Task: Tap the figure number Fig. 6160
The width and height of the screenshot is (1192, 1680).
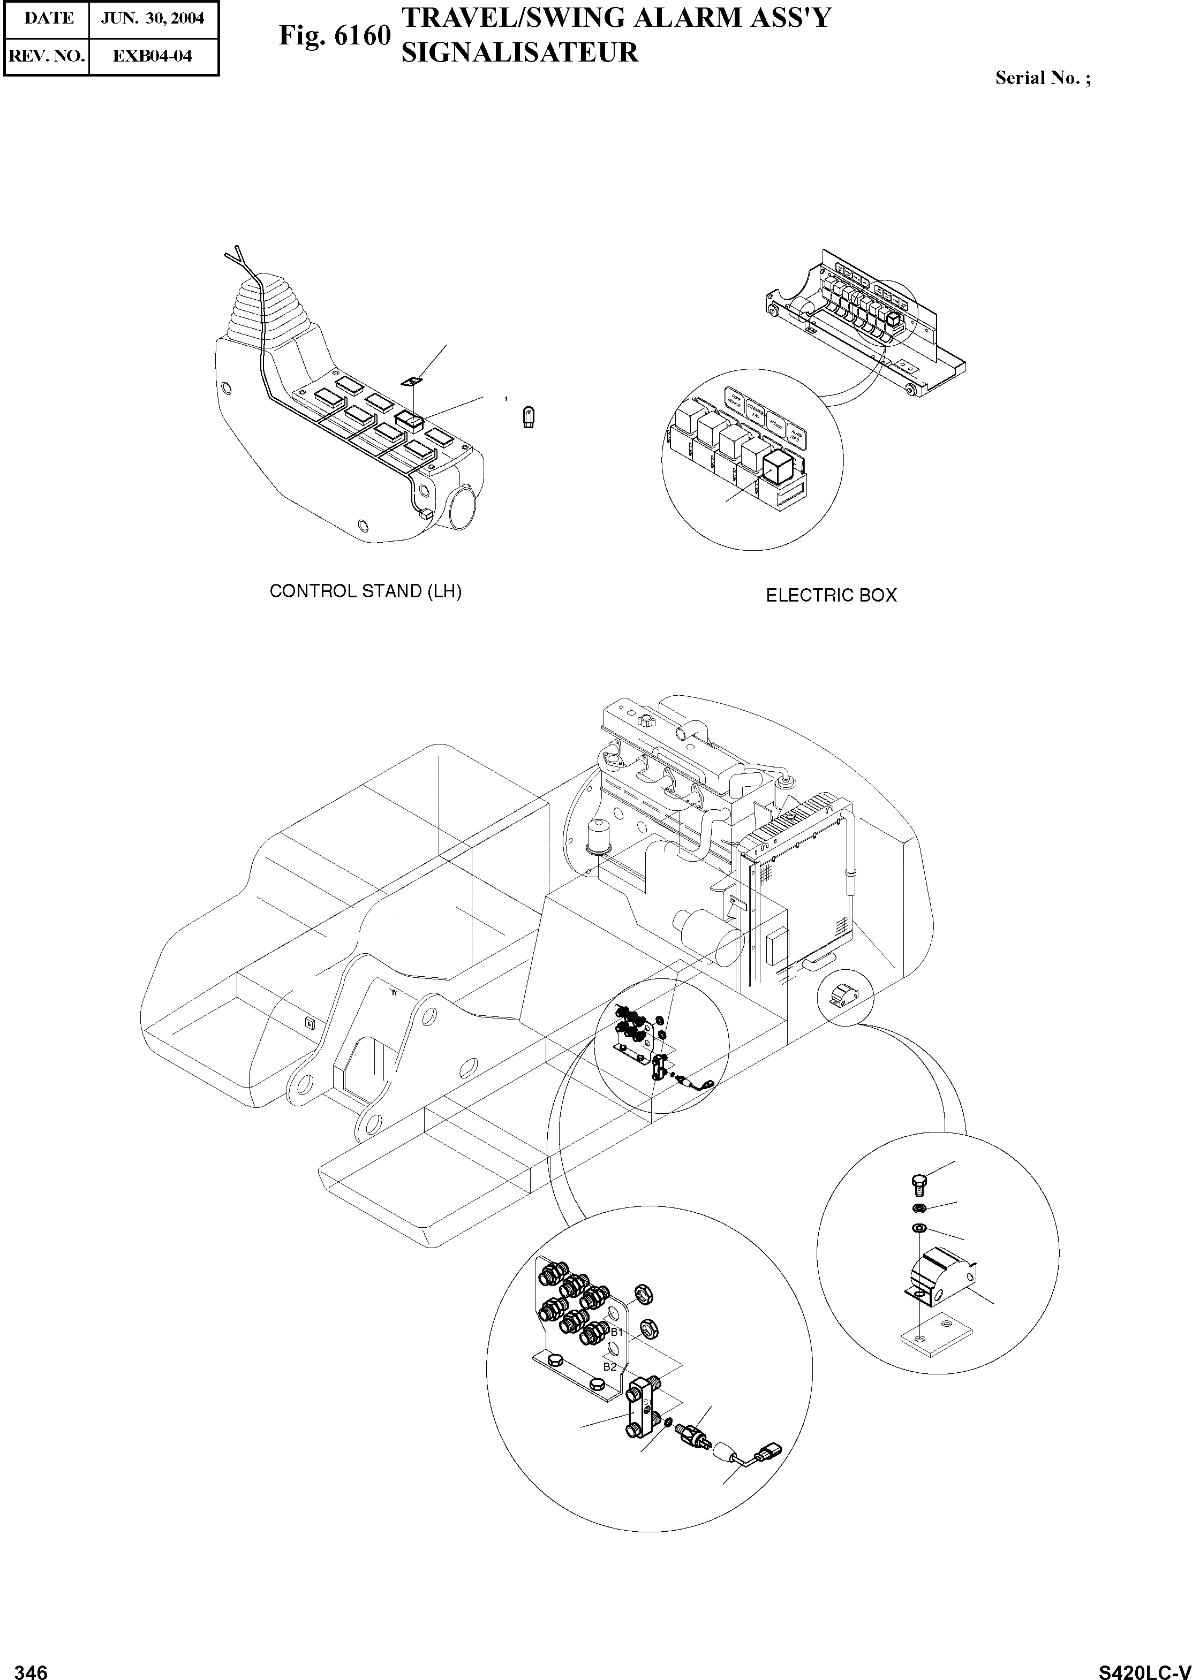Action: (x=334, y=35)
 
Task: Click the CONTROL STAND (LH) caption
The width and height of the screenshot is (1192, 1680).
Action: (x=366, y=591)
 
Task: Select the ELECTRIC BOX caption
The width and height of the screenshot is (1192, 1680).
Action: (x=831, y=595)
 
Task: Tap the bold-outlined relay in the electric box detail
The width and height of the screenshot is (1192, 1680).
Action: (x=778, y=466)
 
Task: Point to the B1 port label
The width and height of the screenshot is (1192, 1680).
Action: (x=616, y=1331)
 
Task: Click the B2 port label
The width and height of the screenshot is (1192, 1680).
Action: (x=609, y=1367)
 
